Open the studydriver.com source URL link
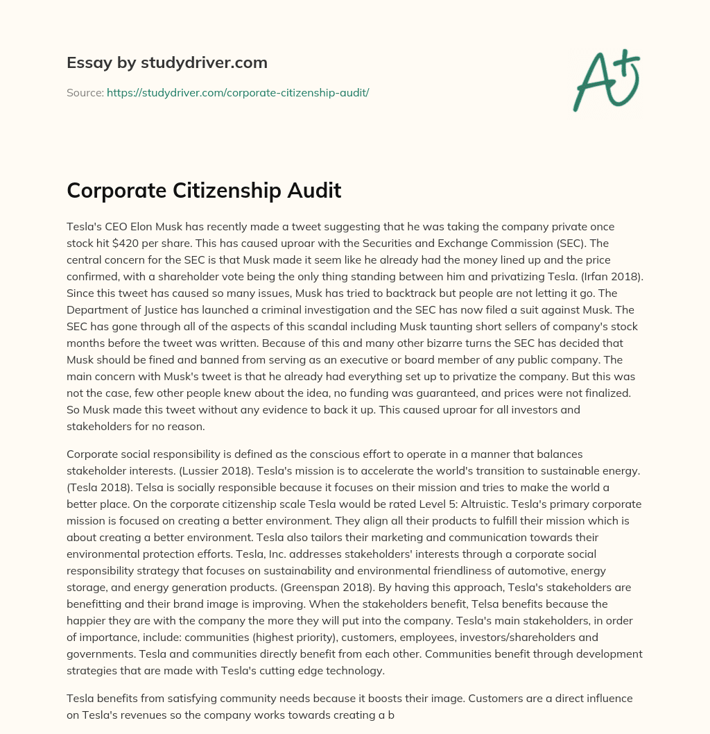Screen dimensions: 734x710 (238, 92)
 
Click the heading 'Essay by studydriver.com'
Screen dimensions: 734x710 (167, 63)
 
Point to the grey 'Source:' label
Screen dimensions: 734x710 (85, 92)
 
